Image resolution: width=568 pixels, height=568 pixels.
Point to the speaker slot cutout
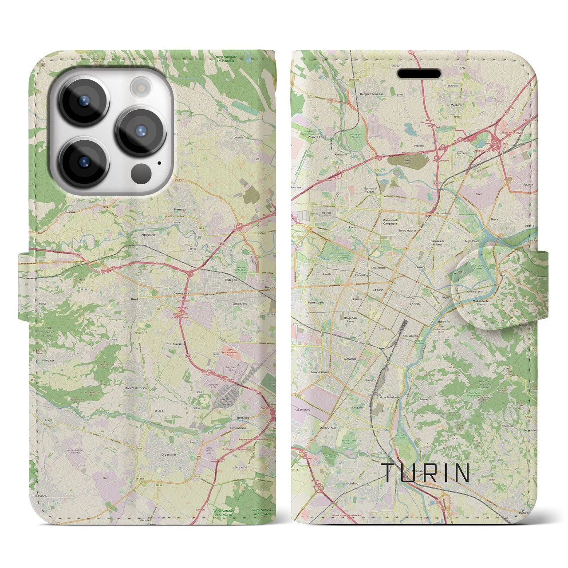click(419, 73)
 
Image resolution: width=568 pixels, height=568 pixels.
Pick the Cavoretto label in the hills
click(426, 399)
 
